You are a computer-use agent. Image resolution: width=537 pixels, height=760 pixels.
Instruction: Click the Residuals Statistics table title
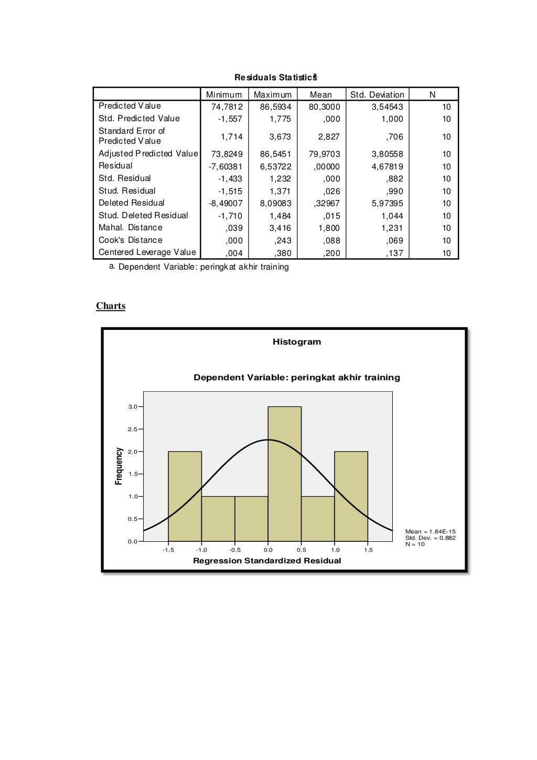(x=276, y=78)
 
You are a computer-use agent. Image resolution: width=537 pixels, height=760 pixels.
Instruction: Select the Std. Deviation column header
(x=377, y=95)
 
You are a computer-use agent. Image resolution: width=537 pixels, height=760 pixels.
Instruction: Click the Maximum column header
(x=273, y=95)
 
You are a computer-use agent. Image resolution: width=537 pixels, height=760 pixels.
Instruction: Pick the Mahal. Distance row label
(x=131, y=228)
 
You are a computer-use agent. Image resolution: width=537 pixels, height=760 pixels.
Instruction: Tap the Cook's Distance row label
(x=131, y=240)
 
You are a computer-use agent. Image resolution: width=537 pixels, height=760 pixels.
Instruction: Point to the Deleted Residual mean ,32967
(x=326, y=204)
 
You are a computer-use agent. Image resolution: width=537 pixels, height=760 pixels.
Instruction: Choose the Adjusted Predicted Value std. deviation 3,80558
(x=388, y=154)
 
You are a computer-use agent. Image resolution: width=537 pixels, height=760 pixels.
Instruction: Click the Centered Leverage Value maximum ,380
(x=283, y=253)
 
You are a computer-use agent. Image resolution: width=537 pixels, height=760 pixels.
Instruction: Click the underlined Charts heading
(x=111, y=306)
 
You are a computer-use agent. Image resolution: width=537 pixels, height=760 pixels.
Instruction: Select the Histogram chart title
(x=296, y=342)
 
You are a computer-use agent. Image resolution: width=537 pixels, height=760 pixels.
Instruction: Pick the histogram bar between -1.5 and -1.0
(x=185, y=496)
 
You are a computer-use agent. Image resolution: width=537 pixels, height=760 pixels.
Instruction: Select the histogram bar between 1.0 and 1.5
(x=351, y=496)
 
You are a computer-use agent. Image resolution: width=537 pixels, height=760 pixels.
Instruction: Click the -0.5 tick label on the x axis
(x=234, y=550)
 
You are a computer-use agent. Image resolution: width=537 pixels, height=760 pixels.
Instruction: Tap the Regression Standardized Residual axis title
(x=267, y=561)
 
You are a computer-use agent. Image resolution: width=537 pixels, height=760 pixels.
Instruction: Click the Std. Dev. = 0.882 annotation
(x=430, y=538)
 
